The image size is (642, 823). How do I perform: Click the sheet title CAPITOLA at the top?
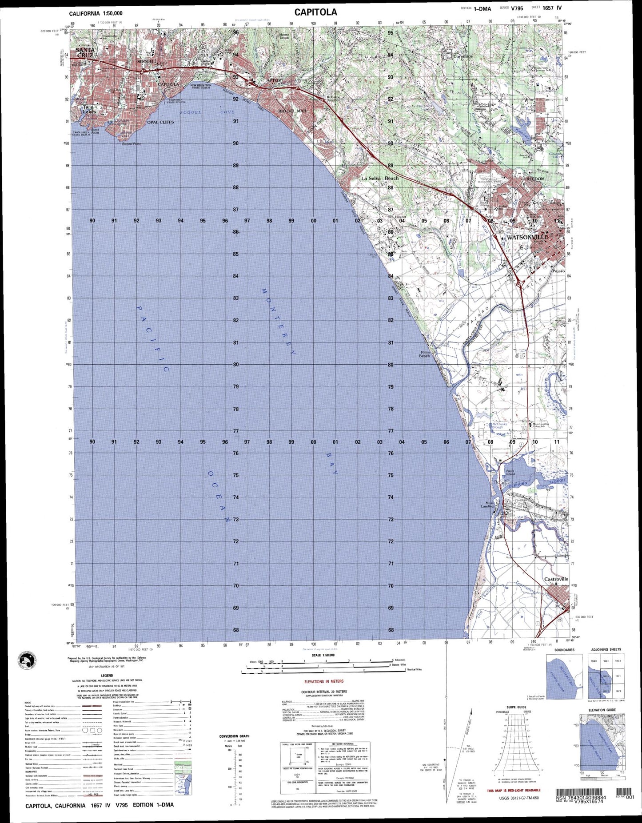pyautogui.click(x=315, y=12)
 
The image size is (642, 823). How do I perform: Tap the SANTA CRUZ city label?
pyautogui.click(x=84, y=52)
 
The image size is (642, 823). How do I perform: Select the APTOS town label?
pyautogui.click(x=274, y=80)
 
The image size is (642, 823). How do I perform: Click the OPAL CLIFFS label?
pyautogui.click(x=160, y=122)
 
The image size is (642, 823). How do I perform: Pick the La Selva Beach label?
pyautogui.click(x=379, y=178)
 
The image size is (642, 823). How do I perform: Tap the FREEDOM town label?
pyautogui.click(x=534, y=179)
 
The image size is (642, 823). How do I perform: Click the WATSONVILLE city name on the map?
pyautogui.click(x=527, y=237)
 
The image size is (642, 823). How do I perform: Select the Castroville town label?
pyautogui.click(x=556, y=579)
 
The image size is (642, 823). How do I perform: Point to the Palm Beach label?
pyautogui.click(x=424, y=354)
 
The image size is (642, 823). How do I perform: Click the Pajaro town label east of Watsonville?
pyautogui.click(x=558, y=270)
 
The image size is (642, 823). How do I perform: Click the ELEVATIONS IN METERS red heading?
pyautogui.click(x=323, y=681)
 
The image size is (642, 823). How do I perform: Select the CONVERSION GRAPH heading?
pyautogui.click(x=234, y=736)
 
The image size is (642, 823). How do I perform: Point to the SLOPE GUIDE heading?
pyautogui.click(x=516, y=707)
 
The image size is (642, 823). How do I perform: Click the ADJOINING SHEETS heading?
pyautogui.click(x=606, y=649)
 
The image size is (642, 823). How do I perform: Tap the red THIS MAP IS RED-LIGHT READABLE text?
pyautogui.click(x=514, y=790)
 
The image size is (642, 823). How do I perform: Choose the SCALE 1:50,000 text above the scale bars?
pyautogui.click(x=323, y=655)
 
